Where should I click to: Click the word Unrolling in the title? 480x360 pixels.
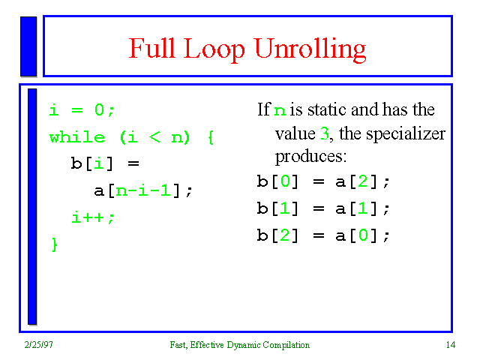(x=310, y=49)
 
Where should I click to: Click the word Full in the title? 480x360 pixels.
(x=151, y=48)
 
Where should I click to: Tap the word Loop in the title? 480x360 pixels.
(x=214, y=49)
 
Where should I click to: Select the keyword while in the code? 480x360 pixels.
(x=76, y=137)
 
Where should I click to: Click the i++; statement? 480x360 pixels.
(x=93, y=217)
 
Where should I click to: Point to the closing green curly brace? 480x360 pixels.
(x=55, y=244)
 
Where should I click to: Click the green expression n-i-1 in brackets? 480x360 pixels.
(x=143, y=190)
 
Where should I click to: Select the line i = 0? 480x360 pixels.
(x=82, y=110)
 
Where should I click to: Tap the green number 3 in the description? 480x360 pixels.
(x=325, y=133)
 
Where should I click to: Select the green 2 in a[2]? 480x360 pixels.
(x=362, y=181)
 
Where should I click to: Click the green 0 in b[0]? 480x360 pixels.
(x=285, y=181)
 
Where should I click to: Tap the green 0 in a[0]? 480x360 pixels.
(x=363, y=235)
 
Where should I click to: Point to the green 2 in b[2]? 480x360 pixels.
(x=285, y=235)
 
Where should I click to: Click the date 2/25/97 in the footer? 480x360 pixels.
(x=38, y=345)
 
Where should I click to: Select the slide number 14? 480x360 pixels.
(x=451, y=345)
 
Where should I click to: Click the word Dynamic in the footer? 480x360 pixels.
(x=244, y=345)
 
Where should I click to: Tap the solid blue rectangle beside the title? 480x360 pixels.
(x=28, y=46)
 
